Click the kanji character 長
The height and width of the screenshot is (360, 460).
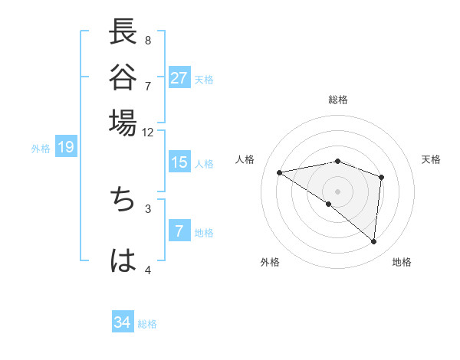tap(123, 34)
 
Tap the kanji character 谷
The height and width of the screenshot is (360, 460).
tap(123, 77)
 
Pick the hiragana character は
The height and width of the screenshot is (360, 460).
tap(123, 260)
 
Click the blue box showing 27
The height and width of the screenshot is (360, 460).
tap(179, 78)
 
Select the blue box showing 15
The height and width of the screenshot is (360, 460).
tap(179, 163)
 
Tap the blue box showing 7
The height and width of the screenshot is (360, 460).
tap(179, 231)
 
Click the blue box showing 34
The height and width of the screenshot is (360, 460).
tap(123, 322)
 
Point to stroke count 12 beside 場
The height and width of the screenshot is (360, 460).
tap(148, 133)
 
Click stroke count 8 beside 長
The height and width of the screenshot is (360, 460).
tap(148, 40)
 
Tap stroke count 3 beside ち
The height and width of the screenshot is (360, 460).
tap(148, 208)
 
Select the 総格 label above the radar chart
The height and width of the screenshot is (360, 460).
tap(338, 100)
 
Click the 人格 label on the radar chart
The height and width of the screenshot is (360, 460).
tap(245, 159)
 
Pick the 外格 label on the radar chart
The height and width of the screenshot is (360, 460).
tap(270, 262)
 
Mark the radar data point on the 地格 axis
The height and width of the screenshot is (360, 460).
tap(374, 242)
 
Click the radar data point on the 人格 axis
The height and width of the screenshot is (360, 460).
tap(279, 172)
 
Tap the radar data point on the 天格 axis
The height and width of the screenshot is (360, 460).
tap(381, 177)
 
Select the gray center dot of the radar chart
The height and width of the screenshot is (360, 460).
tap(338, 191)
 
